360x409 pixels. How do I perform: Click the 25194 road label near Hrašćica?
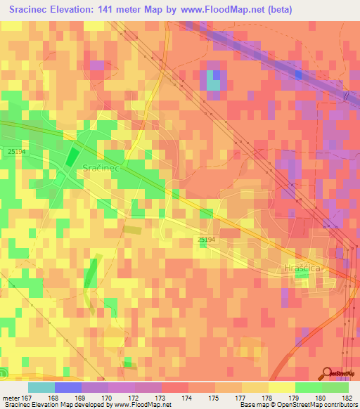(x=207, y=240)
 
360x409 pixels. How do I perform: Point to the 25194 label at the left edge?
(x=16, y=151)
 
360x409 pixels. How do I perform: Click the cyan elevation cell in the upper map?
(x=213, y=83)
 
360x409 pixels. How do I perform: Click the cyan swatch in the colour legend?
(x=41, y=387)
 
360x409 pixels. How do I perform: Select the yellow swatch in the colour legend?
(x=281, y=387)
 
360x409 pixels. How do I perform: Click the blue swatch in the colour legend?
(x=68, y=387)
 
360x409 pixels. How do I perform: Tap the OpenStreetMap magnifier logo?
(x=326, y=374)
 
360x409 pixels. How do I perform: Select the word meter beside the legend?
(x=12, y=398)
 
